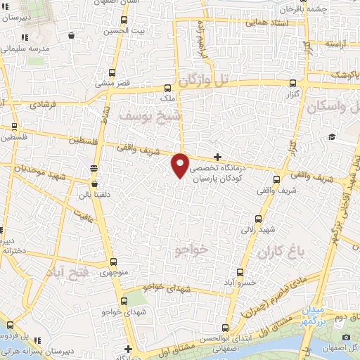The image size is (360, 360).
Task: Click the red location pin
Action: coord(181,165)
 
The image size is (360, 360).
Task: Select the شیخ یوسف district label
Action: coord(151,114)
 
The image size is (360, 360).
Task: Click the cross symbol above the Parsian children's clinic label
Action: coord(218,156)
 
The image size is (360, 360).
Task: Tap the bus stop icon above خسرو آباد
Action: coord(238,271)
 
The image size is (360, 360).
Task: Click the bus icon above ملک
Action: coord(167,89)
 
